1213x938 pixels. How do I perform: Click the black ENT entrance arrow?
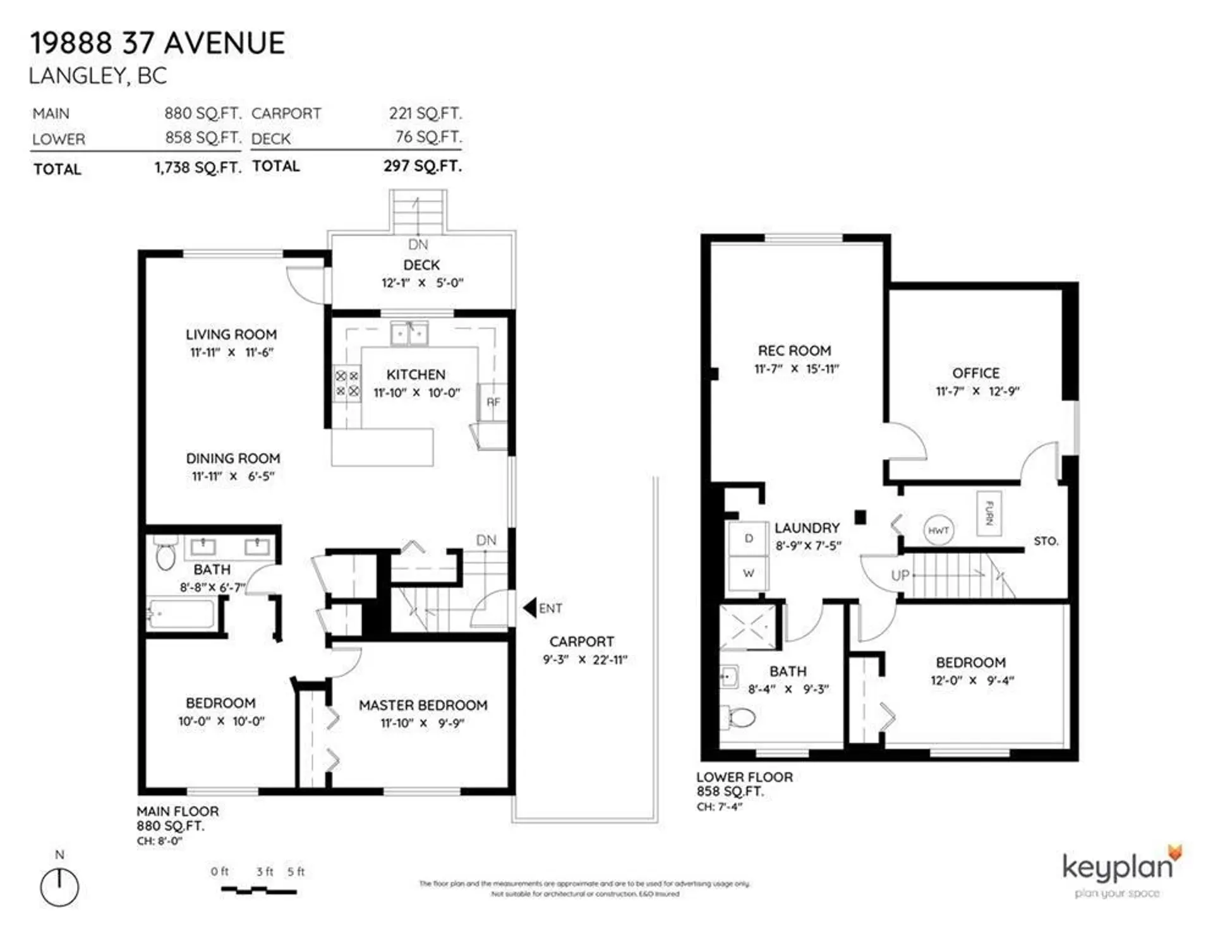(529, 608)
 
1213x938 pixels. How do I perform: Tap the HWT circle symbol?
(938, 531)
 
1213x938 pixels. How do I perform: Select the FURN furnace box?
(989, 513)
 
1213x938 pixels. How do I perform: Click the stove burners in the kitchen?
(347, 383)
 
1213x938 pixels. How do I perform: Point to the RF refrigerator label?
(493, 402)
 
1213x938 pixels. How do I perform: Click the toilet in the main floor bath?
(166, 555)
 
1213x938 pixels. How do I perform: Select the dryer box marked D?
(748, 539)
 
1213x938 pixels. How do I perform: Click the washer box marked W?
(748, 574)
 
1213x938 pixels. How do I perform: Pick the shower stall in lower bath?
(748, 627)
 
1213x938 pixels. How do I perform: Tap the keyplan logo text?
(1116, 868)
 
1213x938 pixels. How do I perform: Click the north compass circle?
(59, 887)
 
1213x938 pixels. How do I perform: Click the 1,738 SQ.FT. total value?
(198, 168)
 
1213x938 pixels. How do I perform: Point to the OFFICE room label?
(975, 373)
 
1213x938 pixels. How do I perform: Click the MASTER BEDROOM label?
(423, 705)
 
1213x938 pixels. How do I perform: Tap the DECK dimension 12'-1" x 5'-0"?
(422, 283)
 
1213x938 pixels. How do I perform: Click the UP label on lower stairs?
(900, 575)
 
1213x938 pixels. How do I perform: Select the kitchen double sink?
(409, 333)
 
